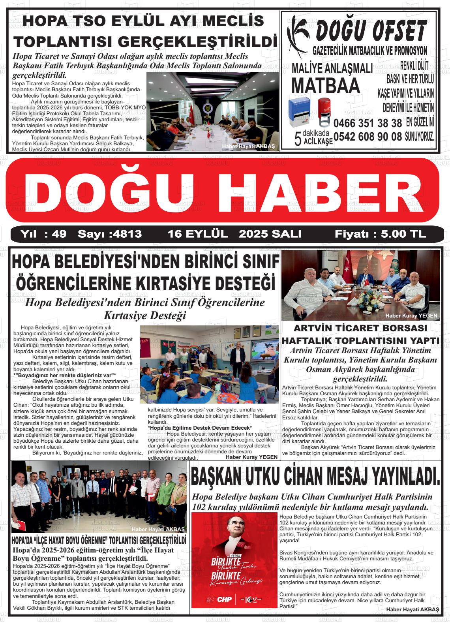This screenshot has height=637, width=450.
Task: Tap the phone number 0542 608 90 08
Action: (x=367, y=137)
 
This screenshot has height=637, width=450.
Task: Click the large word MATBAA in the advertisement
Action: (x=326, y=85)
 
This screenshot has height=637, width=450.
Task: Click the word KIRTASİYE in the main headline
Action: (x=176, y=284)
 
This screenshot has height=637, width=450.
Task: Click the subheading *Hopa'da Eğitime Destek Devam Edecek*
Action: (x=199, y=428)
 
